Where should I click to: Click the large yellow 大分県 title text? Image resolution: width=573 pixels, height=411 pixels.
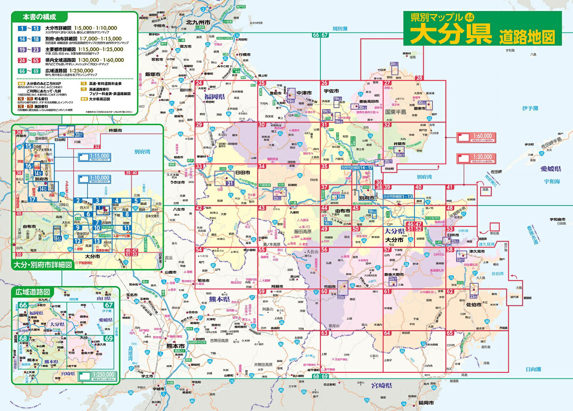coord(451,35)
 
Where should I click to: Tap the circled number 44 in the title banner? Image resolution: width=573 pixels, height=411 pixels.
coord(470,17)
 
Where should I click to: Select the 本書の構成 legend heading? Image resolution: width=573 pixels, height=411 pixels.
coord(39,17)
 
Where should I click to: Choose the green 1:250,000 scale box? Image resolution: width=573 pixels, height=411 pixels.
coord(97,376)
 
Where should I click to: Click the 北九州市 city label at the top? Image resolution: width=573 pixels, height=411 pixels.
coord(198,23)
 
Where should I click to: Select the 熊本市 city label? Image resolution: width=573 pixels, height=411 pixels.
coord(176,346)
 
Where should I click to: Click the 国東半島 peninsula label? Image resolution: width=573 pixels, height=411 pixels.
coord(396,112)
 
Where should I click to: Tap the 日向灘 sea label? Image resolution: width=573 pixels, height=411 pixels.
coord(533,369)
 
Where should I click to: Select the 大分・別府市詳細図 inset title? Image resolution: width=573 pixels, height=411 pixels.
coord(43,265)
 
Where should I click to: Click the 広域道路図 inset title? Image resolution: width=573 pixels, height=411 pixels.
coord(33,292)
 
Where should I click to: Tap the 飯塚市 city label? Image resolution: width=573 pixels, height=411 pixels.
coord(152,74)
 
